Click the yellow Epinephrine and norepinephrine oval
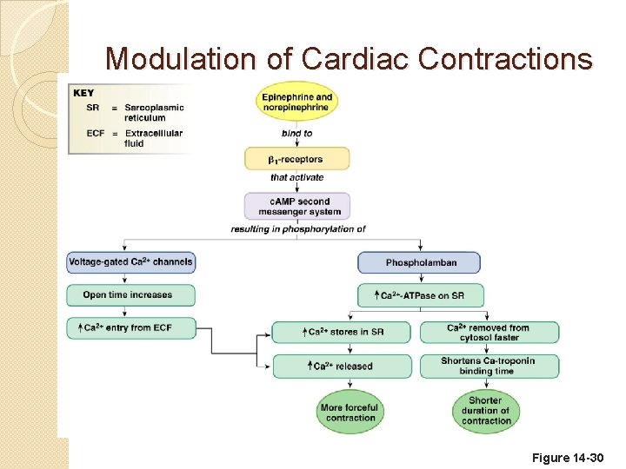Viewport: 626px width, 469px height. coord(296,102)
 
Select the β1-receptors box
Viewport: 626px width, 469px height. coord(296,159)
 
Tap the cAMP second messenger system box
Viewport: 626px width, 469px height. coord(296,206)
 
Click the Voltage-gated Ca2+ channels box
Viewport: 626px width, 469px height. coord(130,261)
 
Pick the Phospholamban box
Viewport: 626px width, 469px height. coord(420,262)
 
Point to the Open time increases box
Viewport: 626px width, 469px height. coord(130,295)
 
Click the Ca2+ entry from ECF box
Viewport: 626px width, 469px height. coord(131,327)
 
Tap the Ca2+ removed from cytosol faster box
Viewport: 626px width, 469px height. coord(489,333)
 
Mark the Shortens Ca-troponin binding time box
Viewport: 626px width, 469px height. coord(489,366)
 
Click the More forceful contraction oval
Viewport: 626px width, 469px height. coord(349,412)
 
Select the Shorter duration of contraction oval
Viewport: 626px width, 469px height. coord(486,411)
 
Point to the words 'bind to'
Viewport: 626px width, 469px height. coord(296,133)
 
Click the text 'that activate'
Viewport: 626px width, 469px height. coord(296,178)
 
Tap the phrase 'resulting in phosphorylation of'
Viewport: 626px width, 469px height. coord(297,229)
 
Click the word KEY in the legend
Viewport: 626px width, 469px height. coord(84,93)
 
